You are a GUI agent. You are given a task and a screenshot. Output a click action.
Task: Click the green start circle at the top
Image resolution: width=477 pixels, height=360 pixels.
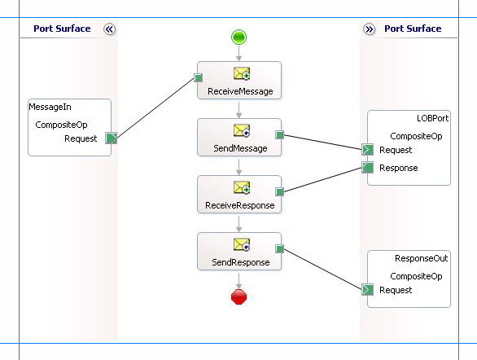pyautogui.click(x=238, y=37)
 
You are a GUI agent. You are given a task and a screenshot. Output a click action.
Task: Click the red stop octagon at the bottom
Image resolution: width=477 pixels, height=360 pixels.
pyautogui.click(x=238, y=297)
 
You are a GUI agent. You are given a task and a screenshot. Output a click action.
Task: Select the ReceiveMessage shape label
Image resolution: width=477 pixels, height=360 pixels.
pyautogui.click(x=238, y=91)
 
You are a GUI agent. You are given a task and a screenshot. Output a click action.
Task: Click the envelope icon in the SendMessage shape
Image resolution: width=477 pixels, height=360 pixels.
pyautogui.click(x=241, y=130)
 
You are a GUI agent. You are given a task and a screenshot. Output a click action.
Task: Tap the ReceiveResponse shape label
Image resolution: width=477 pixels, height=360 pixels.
pyautogui.click(x=238, y=205)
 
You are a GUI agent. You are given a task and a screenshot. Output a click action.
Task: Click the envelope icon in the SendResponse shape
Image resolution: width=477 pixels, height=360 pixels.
pyautogui.click(x=241, y=244)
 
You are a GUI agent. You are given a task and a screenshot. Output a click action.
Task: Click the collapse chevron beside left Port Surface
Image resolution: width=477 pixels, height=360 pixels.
pyautogui.click(x=110, y=29)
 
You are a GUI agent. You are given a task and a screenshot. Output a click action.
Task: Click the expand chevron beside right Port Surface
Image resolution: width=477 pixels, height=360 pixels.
pyautogui.click(x=369, y=29)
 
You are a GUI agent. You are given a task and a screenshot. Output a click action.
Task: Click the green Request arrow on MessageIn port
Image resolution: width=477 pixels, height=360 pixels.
pyautogui.click(x=112, y=138)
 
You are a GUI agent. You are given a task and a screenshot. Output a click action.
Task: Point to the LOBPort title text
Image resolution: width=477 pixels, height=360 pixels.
pyautogui.click(x=432, y=118)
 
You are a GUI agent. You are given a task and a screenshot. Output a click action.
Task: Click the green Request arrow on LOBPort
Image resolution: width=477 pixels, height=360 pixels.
pyautogui.click(x=367, y=150)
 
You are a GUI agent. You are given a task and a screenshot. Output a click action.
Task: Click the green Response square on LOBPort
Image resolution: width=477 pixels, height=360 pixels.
pyautogui.click(x=367, y=168)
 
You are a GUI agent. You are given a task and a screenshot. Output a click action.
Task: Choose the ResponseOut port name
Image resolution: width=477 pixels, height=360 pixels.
pyautogui.click(x=421, y=258)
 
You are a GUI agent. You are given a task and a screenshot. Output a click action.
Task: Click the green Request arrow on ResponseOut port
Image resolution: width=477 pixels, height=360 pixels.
pyautogui.click(x=367, y=290)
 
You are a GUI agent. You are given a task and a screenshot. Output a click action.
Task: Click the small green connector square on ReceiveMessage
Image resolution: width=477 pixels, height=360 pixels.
pyautogui.click(x=198, y=79)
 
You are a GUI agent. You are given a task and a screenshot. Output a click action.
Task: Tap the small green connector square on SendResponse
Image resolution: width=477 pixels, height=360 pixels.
pyautogui.click(x=279, y=249)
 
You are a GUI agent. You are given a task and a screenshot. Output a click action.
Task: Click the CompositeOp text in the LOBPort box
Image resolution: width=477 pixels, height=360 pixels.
pyautogui.click(x=416, y=136)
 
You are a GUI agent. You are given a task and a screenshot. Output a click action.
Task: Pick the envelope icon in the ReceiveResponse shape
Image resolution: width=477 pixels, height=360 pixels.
pyautogui.click(x=241, y=187)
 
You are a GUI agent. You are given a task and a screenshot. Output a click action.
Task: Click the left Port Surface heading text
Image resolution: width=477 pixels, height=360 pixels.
pyautogui.click(x=62, y=29)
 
